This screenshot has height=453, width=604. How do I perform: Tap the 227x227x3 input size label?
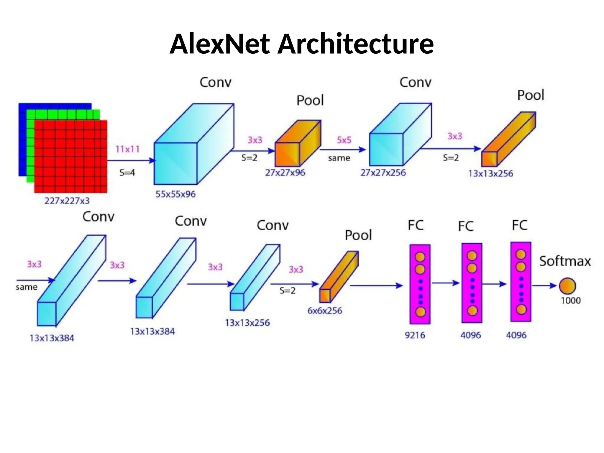[x=67, y=201]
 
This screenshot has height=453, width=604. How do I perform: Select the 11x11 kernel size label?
[x=127, y=149]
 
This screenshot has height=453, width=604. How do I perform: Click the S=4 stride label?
[x=127, y=173]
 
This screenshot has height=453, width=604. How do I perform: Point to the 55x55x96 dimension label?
[x=175, y=194]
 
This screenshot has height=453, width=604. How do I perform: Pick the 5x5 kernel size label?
[x=344, y=140]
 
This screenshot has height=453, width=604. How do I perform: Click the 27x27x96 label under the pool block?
[x=285, y=173]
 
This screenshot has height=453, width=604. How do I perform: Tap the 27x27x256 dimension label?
[x=383, y=173]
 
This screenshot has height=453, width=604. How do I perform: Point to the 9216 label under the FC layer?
[x=415, y=335]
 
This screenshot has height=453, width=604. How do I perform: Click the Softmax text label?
[x=565, y=261]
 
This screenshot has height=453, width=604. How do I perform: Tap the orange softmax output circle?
[x=567, y=286]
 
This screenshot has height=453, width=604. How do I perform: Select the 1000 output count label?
[x=571, y=301]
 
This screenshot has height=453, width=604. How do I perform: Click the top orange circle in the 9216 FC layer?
[x=420, y=257]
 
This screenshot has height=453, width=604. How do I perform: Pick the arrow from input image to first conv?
[x=131, y=161]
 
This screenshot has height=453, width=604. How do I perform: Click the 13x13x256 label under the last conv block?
[x=247, y=323]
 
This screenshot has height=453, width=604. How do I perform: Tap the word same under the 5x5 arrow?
[x=339, y=158]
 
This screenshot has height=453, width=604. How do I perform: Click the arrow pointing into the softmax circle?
[x=544, y=285]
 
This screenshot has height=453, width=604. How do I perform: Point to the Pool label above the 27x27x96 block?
[x=310, y=101]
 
